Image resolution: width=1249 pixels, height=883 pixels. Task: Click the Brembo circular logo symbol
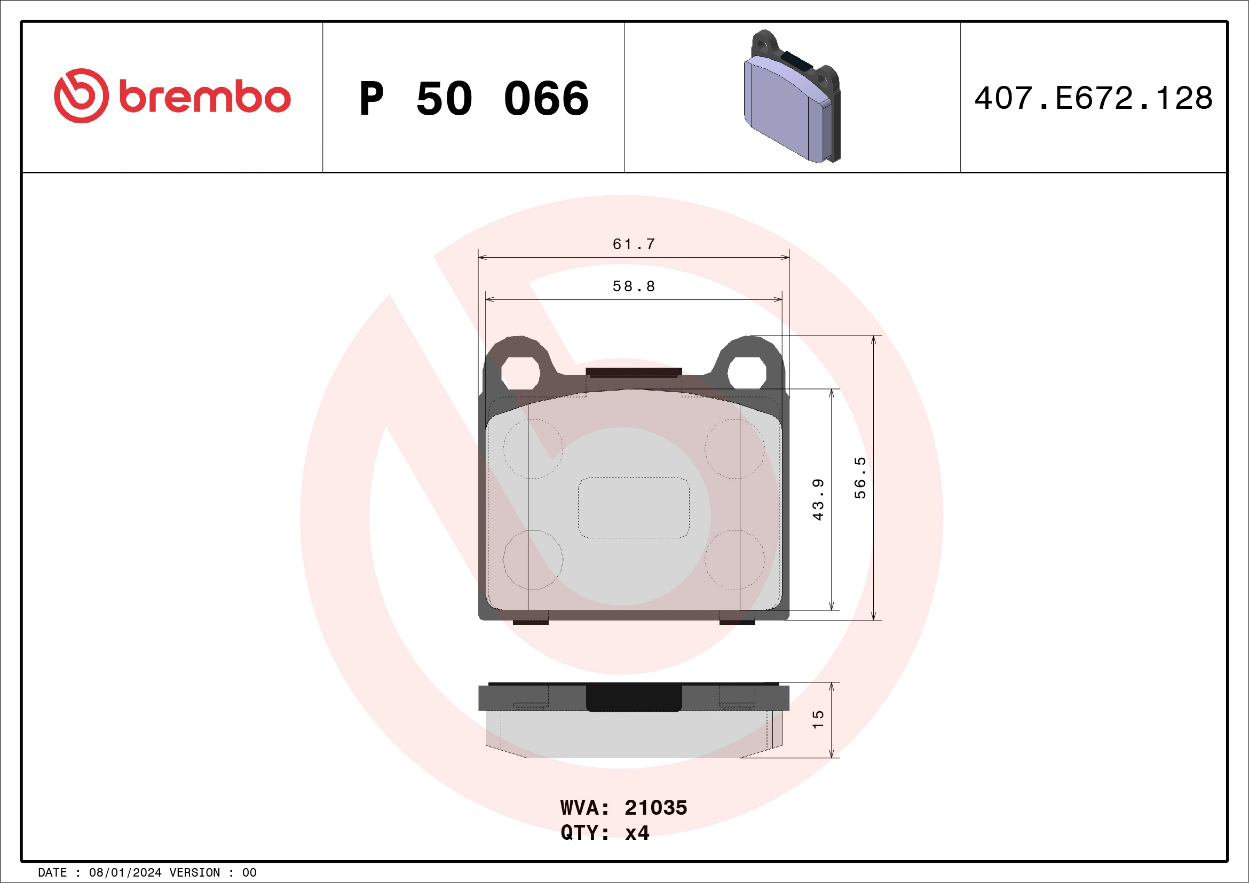pyautogui.click(x=81, y=96)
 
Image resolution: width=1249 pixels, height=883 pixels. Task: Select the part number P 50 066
pyautogui.click(x=474, y=98)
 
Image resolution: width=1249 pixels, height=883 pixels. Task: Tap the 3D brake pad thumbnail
pyautogui.click(x=792, y=97)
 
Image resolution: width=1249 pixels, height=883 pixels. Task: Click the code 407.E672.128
pyautogui.click(x=1094, y=98)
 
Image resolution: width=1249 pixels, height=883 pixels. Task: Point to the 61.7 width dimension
pyautogui.click(x=634, y=244)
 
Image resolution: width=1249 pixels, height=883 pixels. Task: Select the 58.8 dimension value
pyautogui.click(x=634, y=286)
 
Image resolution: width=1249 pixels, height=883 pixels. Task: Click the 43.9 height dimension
pyautogui.click(x=818, y=499)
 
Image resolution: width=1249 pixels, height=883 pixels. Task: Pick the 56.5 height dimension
pyautogui.click(x=859, y=478)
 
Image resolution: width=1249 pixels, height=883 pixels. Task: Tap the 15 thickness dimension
pyautogui.click(x=818, y=719)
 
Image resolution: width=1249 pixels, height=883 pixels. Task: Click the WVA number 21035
pyautogui.click(x=655, y=807)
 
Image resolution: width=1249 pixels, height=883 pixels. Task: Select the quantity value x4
pyautogui.click(x=637, y=832)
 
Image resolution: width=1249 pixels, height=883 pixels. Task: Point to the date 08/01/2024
pyautogui.click(x=125, y=873)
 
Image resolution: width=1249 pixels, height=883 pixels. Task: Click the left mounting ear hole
pyautogui.click(x=520, y=373)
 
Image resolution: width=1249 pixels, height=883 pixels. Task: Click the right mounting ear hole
pyautogui.click(x=747, y=372)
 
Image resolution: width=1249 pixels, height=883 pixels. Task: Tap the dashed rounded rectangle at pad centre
pyautogui.click(x=633, y=508)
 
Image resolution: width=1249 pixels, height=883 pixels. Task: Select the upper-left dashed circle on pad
pyautogui.click(x=533, y=449)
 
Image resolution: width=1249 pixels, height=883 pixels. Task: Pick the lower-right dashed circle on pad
pyautogui.click(x=734, y=560)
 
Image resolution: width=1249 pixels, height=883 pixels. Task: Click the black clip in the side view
pyautogui.click(x=634, y=697)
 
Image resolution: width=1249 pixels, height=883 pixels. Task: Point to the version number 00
pyautogui.click(x=249, y=873)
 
